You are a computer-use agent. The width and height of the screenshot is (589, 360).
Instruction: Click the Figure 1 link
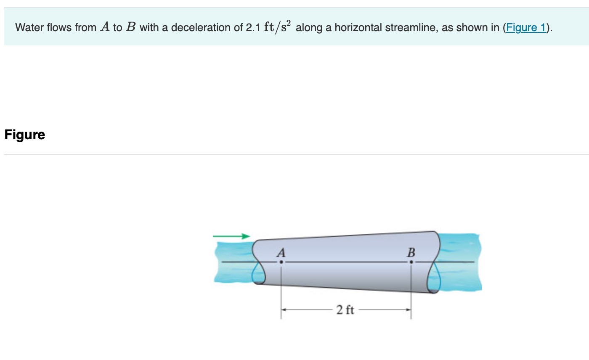526,28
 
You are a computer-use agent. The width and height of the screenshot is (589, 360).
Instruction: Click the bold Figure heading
24,135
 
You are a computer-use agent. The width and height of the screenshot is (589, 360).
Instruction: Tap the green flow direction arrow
231,236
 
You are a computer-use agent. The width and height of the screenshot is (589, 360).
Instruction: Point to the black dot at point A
281,262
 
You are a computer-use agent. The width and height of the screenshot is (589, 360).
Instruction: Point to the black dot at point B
411,262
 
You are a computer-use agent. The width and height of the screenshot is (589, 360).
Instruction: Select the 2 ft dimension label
345,310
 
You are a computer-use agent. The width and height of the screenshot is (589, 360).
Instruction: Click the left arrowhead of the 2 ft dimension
284,310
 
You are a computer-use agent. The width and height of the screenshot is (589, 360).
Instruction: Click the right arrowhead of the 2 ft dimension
409,310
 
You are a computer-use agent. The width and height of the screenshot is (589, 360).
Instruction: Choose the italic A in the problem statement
104,28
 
